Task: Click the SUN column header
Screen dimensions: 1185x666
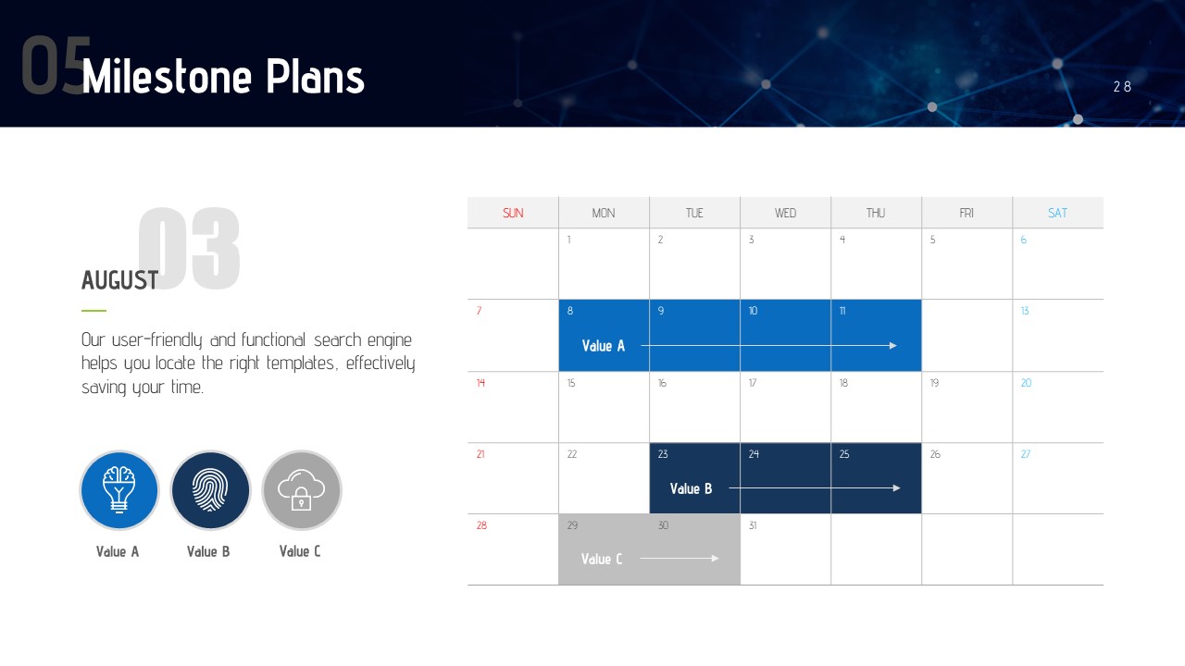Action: click(513, 213)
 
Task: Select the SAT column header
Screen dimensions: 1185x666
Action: click(1057, 213)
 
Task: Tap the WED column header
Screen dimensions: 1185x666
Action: click(785, 213)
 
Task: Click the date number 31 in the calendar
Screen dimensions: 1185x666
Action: click(753, 525)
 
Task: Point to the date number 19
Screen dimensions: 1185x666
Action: click(934, 383)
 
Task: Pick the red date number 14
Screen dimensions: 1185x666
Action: click(480, 383)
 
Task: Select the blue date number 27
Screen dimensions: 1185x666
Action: click(1025, 454)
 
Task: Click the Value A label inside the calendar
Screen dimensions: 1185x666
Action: click(603, 346)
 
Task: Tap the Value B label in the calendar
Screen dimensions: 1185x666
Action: click(691, 489)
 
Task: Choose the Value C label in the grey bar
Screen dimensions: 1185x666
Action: click(602, 560)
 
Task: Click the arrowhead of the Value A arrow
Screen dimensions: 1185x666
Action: click(893, 346)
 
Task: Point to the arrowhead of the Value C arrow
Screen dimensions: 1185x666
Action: click(716, 558)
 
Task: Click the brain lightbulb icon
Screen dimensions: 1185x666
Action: click(119, 489)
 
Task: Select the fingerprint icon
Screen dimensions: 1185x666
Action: click(210, 490)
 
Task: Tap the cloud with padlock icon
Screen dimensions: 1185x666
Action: click(301, 489)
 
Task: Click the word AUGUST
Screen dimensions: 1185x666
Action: click(119, 280)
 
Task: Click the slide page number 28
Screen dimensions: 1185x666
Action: click(1122, 87)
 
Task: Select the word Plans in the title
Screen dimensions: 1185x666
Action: click(315, 77)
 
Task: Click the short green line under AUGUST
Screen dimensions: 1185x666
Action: click(94, 311)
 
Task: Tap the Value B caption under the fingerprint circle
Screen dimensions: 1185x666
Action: click(208, 552)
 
